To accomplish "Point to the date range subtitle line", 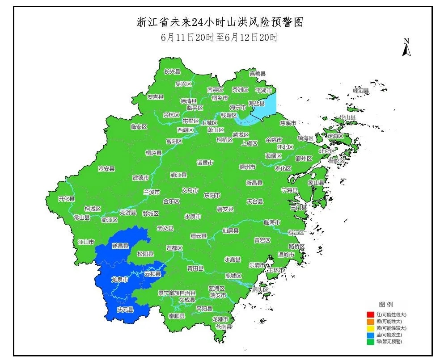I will [220, 38].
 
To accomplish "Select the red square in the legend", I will [370, 315].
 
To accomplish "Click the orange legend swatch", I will [370, 322].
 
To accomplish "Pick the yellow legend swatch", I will [370, 328].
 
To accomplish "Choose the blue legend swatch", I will [370, 335].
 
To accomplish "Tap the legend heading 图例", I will [385, 305].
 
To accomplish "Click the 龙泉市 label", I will [119, 279].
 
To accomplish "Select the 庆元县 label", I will [125, 309].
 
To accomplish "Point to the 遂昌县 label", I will [120, 246].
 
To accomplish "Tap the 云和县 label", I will [152, 274].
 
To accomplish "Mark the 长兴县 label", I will [172, 71].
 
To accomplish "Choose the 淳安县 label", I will [106, 169].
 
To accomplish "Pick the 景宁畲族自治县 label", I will [177, 293].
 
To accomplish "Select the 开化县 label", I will [67, 199].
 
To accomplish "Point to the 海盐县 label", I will [256, 103].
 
